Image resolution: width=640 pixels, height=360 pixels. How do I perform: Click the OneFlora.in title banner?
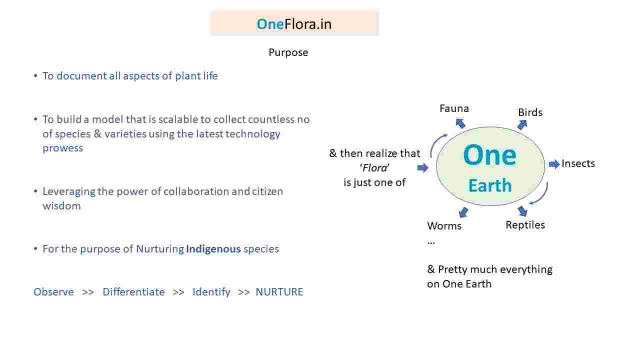(294, 23)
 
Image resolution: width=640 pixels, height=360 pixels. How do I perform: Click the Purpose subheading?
(288, 52)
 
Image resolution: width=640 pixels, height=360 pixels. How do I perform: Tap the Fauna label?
(454, 108)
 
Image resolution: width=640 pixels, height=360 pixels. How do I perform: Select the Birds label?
(530, 112)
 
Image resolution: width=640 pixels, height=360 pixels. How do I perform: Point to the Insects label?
(578, 163)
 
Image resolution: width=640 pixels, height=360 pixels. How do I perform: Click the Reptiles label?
(525, 225)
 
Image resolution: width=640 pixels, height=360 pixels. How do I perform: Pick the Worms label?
(444, 226)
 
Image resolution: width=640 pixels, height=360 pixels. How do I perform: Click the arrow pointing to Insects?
(554, 164)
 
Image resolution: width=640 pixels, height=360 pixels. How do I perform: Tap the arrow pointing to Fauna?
(460, 123)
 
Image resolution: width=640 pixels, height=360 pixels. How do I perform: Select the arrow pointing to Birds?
(522, 124)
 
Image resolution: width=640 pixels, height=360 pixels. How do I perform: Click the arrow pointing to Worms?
(463, 212)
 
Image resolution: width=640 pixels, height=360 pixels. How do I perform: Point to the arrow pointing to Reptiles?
(522, 211)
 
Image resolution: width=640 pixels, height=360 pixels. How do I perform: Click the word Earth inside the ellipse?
(490, 185)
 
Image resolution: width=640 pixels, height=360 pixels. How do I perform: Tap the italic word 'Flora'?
(374, 167)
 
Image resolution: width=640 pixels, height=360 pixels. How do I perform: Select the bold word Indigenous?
(213, 249)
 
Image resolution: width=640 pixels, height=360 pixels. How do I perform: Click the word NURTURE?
(279, 292)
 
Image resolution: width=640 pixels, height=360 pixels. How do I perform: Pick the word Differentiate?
(133, 292)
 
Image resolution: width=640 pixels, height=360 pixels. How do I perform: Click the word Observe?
(53, 292)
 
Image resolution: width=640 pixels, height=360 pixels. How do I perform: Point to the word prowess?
(63, 148)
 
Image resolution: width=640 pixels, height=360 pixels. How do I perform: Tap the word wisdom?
(61, 206)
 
